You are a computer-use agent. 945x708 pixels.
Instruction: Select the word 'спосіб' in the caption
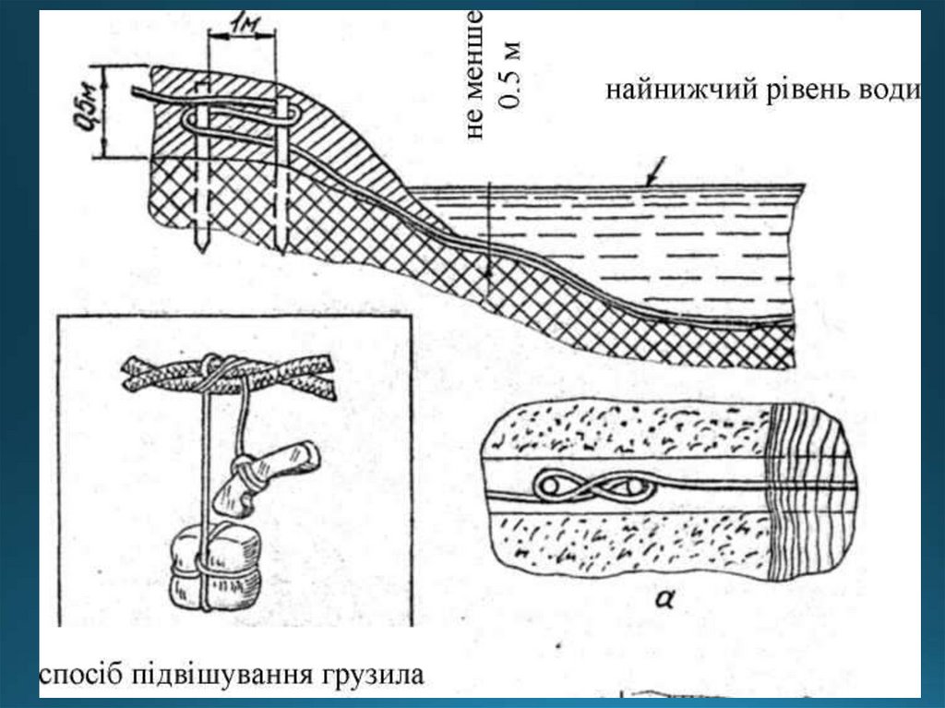point(78,675)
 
